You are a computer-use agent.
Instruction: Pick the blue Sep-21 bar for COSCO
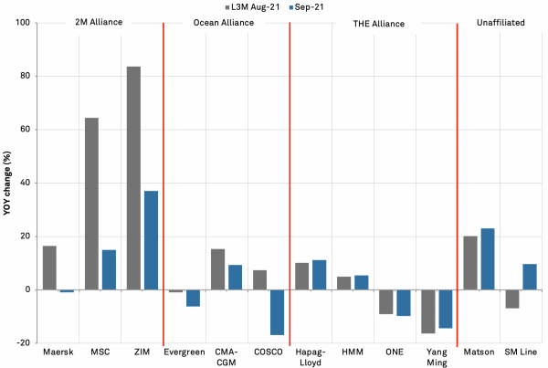coord(277,312)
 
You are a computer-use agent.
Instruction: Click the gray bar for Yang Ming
coord(428,311)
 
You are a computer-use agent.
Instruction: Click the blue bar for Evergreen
coord(193,298)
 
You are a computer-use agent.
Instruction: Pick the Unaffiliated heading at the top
coord(501,21)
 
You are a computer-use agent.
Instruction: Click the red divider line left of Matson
coord(457,183)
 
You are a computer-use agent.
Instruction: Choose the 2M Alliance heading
coord(100,21)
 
